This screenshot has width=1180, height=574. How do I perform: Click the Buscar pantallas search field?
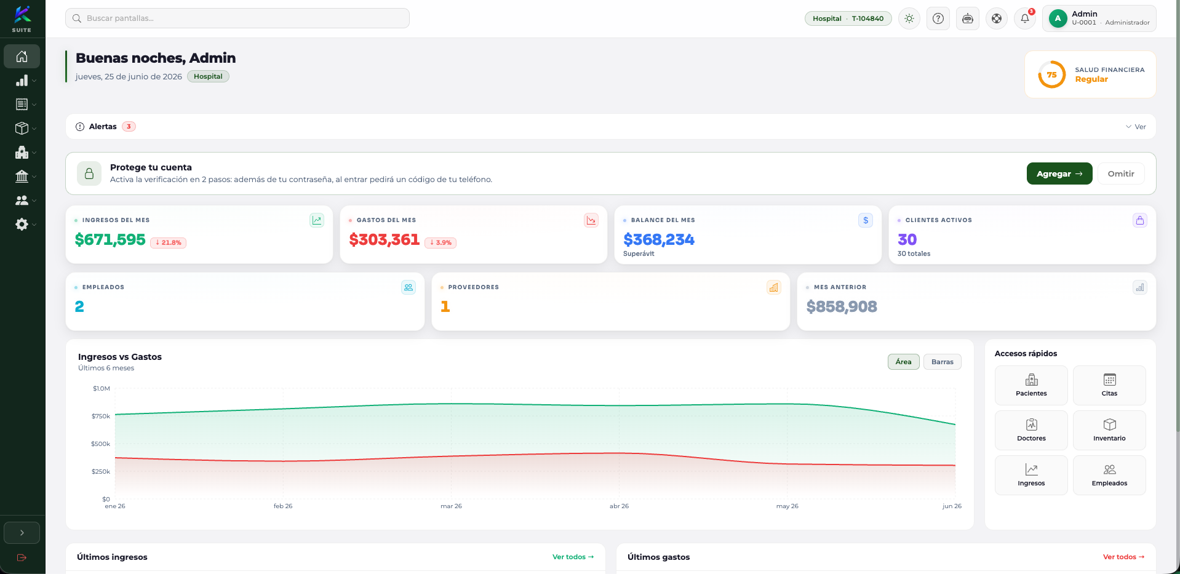point(237,18)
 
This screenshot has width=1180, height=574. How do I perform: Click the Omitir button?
point(1120,173)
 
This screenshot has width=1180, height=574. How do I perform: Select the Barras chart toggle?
point(942,362)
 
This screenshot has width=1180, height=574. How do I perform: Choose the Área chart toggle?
point(903,362)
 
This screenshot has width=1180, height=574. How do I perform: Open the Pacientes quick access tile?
point(1031,385)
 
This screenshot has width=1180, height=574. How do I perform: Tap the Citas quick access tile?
point(1109,385)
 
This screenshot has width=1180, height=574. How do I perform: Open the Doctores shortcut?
point(1031,430)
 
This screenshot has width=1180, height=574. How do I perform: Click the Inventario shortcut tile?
point(1109,430)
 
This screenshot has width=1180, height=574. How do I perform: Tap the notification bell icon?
point(1025,18)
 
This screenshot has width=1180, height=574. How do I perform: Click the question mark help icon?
point(938,18)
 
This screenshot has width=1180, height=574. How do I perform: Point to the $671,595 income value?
point(110,240)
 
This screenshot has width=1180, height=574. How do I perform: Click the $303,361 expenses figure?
point(385,240)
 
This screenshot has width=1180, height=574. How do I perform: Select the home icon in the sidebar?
point(22,57)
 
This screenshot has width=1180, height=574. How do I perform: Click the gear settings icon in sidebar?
point(22,224)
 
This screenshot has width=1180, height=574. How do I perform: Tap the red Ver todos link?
point(1123,557)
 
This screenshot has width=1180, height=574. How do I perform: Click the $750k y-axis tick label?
point(101,417)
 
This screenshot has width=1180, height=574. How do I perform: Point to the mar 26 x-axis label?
point(451,506)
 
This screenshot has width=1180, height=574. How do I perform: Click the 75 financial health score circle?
point(1051,74)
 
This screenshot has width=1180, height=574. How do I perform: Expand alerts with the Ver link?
point(1136,127)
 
